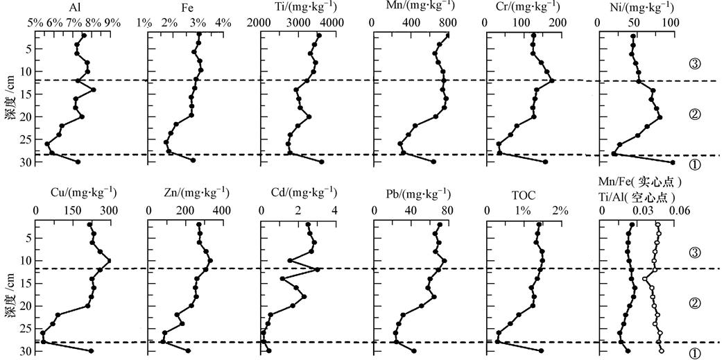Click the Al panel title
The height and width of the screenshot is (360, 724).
click(x=74, y=8)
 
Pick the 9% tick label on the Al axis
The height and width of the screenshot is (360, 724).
click(x=112, y=22)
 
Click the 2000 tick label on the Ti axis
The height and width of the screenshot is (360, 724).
click(x=260, y=22)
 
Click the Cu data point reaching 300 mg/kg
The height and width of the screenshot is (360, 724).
click(x=109, y=261)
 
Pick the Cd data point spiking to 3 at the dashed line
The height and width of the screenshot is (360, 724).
click(x=318, y=269)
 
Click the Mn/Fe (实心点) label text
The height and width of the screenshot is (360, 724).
click(x=640, y=182)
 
